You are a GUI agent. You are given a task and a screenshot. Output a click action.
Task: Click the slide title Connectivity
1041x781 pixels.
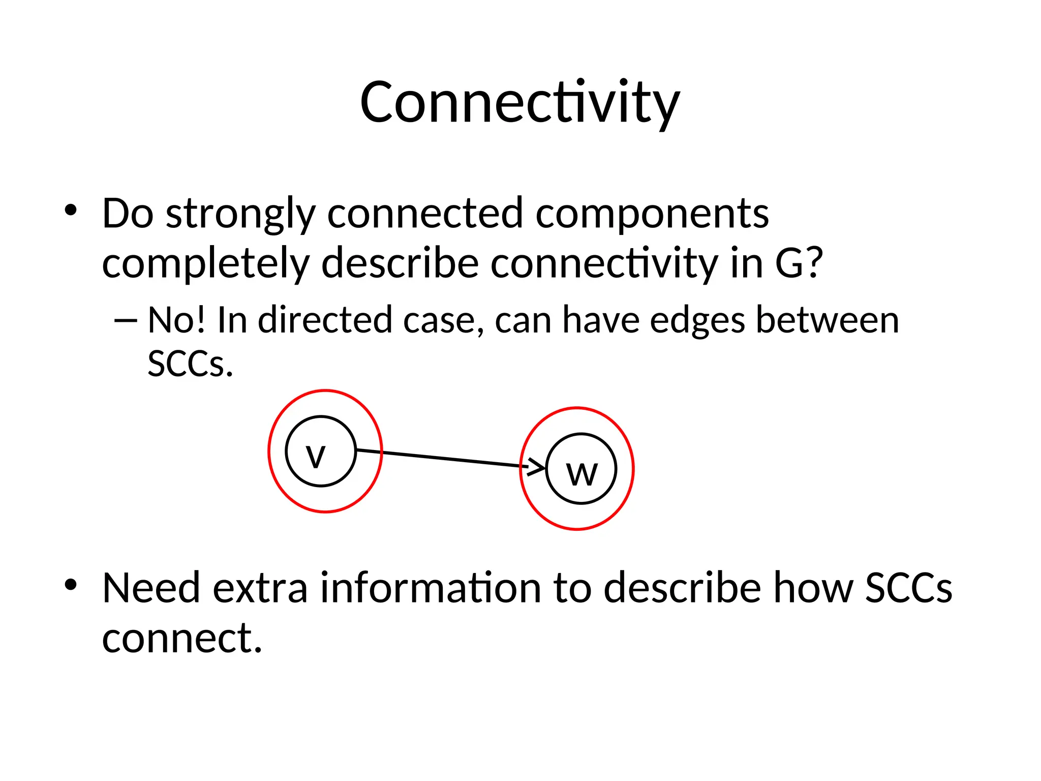click(519, 103)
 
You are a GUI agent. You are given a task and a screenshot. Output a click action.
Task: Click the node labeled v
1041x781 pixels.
click(321, 452)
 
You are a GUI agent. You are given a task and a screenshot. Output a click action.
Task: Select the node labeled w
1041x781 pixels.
click(581, 469)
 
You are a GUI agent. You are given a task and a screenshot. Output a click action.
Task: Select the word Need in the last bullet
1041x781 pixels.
click(151, 588)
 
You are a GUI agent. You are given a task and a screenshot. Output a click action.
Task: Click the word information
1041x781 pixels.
click(431, 588)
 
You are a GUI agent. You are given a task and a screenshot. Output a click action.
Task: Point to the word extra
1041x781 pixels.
click(260, 588)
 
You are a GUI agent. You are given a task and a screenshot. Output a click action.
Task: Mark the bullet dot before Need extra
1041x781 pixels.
click(71, 585)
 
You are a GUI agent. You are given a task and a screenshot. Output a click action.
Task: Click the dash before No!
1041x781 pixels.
click(126, 321)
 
